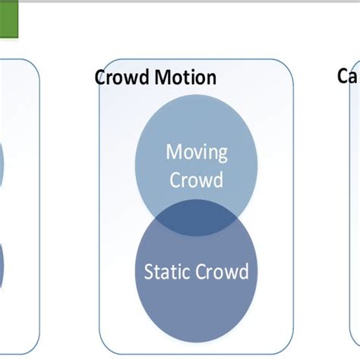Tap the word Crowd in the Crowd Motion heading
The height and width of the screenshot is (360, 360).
pos(122,77)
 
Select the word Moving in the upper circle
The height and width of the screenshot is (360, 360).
pos(196,152)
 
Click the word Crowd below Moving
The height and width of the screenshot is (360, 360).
pos(196,180)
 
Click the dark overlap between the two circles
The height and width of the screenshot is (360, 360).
pos(196,220)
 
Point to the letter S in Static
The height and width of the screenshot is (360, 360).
pos(149,272)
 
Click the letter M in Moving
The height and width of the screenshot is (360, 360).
pos(174,152)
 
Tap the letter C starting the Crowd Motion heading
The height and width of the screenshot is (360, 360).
pos(101,77)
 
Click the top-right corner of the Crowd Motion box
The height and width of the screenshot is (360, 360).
pos(292,62)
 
